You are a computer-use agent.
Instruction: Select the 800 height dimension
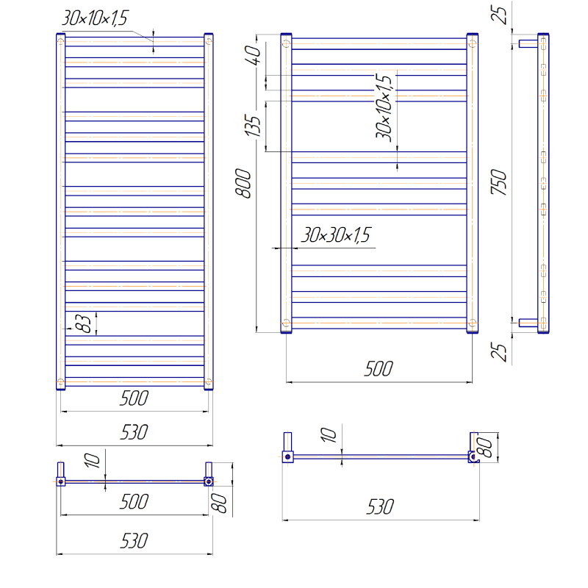[243, 183]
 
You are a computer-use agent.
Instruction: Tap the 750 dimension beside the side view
[499, 182]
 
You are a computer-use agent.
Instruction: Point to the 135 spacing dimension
[252, 126]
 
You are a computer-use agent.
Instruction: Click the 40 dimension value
[253, 55]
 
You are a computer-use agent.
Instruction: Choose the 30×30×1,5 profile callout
[336, 235]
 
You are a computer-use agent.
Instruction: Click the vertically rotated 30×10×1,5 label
[384, 108]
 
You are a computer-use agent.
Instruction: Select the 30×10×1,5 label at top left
[95, 18]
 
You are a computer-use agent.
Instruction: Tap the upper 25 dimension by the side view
[499, 15]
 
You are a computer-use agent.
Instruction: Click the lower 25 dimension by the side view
[499, 352]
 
